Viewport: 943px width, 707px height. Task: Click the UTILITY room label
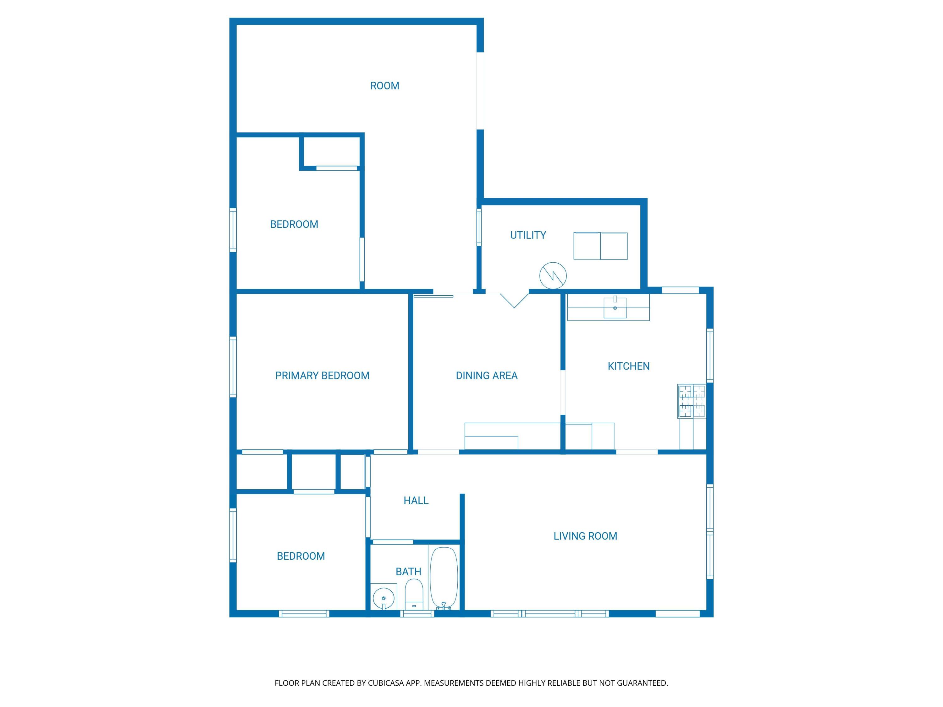point(528,235)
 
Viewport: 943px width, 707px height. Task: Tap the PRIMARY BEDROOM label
point(322,375)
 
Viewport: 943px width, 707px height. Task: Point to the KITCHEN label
point(628,366)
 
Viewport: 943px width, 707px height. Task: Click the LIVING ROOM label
point(585,536)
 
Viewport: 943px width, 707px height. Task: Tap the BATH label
point(408,572)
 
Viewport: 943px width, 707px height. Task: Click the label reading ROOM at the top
point(384,86)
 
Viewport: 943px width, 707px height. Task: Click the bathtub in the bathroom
point(444,578)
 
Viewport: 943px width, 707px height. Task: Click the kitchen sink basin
point(615,308)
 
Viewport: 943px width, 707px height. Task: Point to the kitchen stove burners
point(692,401)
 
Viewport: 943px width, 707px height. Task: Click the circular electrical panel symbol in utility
point(553,276)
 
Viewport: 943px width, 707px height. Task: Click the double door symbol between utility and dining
point(514,300)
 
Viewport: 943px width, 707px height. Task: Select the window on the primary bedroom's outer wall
point(233,367)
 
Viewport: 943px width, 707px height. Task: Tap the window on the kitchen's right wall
point(710,355)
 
